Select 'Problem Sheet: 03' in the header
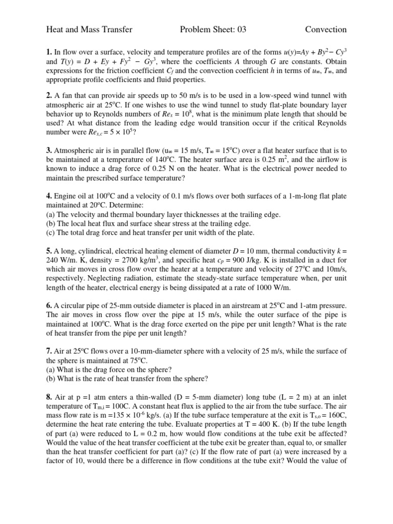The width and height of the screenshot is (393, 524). [x=213, y=30]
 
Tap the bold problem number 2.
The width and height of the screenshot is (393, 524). [x=49, y=95]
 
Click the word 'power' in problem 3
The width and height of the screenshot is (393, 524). [x=300, y=168]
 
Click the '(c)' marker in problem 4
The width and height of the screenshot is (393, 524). [x=51, y=233]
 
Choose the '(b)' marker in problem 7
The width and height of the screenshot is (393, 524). [x=51, y=379]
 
